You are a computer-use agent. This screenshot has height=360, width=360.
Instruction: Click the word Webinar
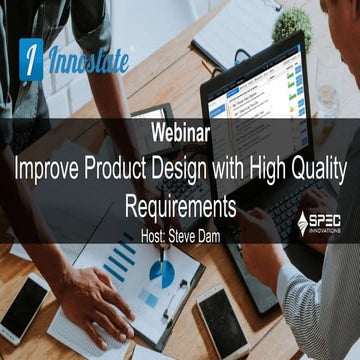point(179,130)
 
